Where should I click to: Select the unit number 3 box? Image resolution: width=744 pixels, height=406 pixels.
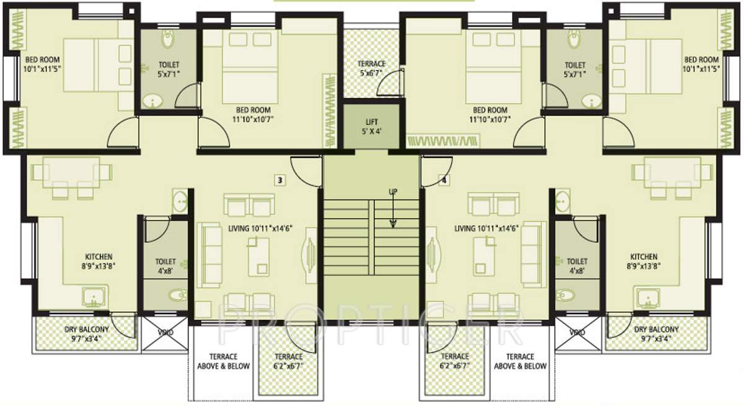[280, 180]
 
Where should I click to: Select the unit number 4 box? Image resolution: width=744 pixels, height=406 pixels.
[444, 180]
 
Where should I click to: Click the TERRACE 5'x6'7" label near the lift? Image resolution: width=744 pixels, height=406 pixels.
[371, 68]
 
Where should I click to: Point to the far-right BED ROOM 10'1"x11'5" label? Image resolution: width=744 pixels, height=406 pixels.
[701, 64]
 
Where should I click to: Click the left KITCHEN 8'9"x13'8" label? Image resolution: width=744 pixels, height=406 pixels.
[99, 261]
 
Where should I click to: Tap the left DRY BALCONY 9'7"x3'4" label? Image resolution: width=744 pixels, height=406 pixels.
[87, 334]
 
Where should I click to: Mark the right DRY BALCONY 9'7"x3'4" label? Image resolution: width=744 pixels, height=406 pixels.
[656, 334]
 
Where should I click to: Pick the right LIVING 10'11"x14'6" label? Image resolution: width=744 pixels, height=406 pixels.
[486, 228]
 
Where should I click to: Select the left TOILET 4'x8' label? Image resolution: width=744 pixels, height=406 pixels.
[166, 266]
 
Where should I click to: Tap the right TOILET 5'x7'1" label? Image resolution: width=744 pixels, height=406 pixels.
[575, 69]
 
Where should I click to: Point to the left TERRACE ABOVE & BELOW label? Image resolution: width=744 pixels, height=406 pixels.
[223, 361]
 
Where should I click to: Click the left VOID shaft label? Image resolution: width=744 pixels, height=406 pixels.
[164, 332]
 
